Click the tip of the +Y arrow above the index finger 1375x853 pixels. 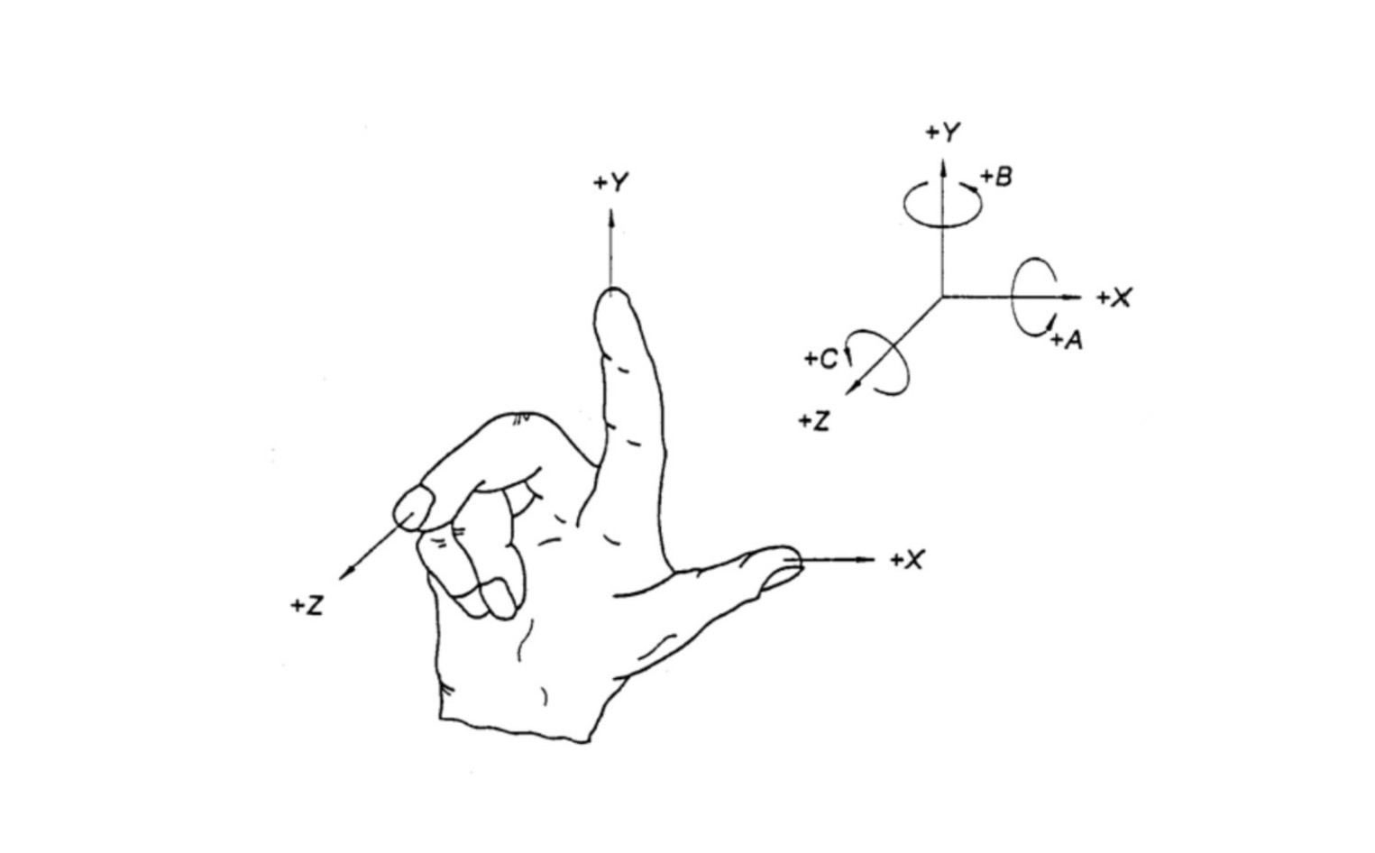(611, 210)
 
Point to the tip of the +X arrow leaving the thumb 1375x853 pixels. (874, 560)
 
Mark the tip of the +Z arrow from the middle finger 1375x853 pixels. (339, 579)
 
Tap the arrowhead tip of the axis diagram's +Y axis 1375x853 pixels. (943, 159)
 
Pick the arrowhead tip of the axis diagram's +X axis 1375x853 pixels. (1082, 298)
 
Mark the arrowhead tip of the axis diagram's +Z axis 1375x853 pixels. (846, 395)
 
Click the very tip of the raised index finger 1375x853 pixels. (612, 288)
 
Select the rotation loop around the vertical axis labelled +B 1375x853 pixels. (942, 205)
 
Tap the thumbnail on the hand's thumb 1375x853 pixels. (782, 577)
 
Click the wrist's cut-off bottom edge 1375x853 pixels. (515, 730)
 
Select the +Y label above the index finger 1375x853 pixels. (611, 183)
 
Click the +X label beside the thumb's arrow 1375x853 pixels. (907, 560)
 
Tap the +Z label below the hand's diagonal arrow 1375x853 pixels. (307, 606)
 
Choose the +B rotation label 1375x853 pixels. (996, 177)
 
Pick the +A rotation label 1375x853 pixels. (1067, 340)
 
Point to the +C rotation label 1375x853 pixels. (821, 359)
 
